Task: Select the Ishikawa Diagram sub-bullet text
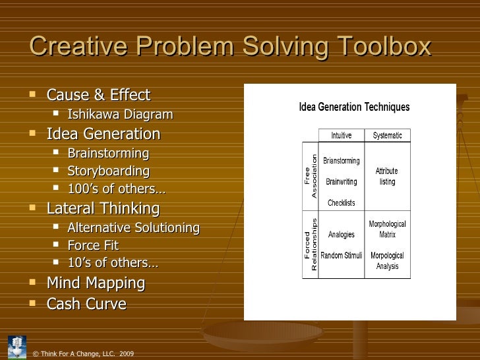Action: pyautogui.click(x=120, y=115)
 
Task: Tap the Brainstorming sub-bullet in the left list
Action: pyautogui.click(x=108, y=154)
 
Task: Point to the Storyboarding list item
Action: pyautogui.click(x=108, y=171)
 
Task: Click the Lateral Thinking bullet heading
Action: pyautogui.click(x=103, y=208)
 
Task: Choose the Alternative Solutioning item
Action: pyautogui.click(x=133, y=228)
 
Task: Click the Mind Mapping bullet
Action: pyautogui.click(x=96, y=283)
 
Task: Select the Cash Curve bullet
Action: pyautogui.click(x=86, y=304)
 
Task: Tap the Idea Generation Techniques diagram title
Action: pyautogui.click(x=354, y=107)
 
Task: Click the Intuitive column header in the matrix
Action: pyautogui.click(x=341, y=135)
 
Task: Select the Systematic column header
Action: pyautogui.click(x=387, y=135)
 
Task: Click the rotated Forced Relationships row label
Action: pyautogui.click(x=311, y=244)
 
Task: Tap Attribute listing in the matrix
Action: pyautogui.click(x=387, y=176)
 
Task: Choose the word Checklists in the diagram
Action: pyautogui.click(x=341, y=202)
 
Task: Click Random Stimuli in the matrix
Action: pyautogui.click(x=341, y=255)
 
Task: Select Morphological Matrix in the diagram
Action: pyautogui.click(x=387, y=229)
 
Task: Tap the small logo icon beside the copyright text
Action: pyautogui.click(x=17, y=346)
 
